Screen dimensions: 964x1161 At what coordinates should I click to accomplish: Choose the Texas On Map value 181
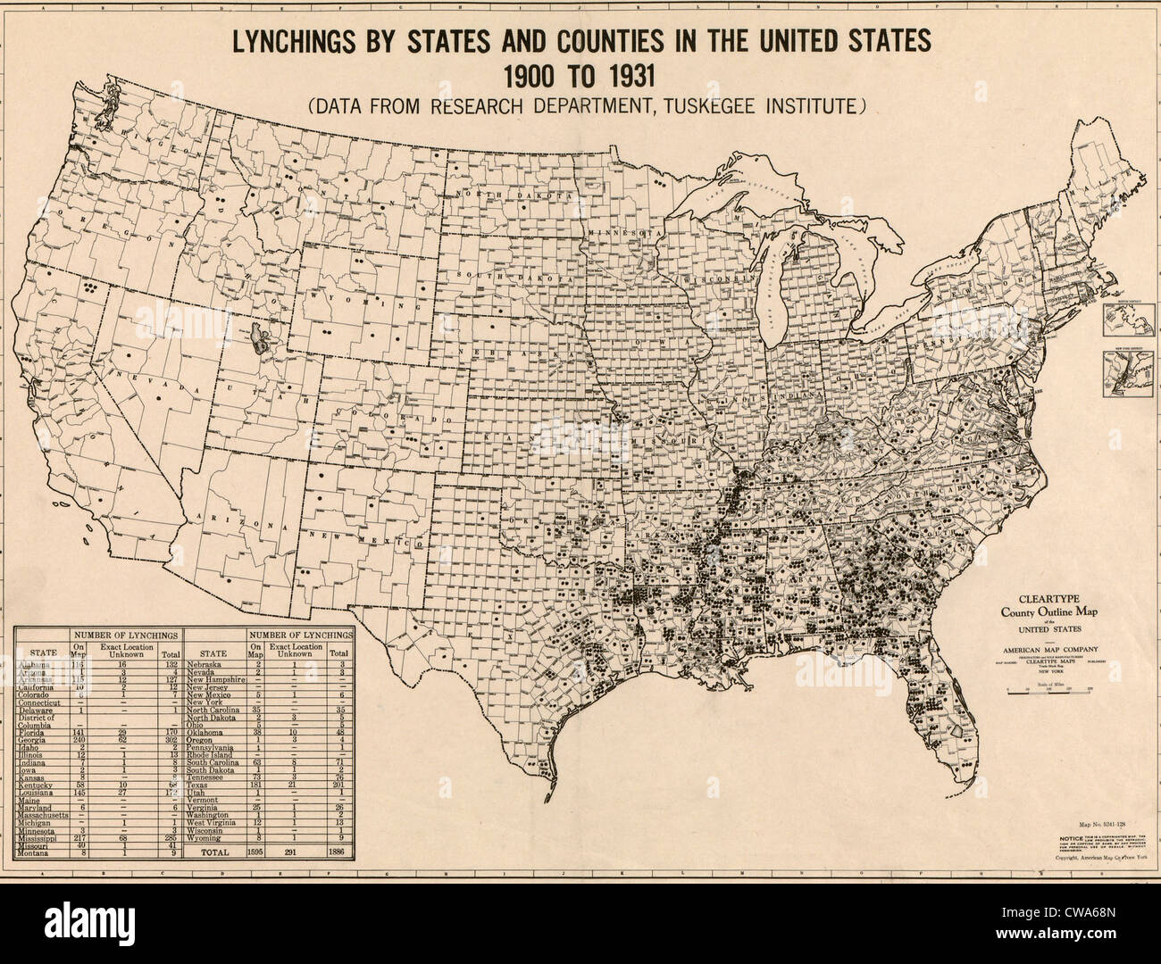pyautogui.click(x=257, y=785)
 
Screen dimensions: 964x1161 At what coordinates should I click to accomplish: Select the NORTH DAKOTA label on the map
pyautogui.click(x=512, y=195)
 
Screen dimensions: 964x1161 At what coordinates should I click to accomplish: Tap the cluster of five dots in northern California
pyautogui.click(x=89, y=288)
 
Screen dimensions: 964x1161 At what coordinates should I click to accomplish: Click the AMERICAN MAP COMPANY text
pyautogui.click(x=1048, y=649)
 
